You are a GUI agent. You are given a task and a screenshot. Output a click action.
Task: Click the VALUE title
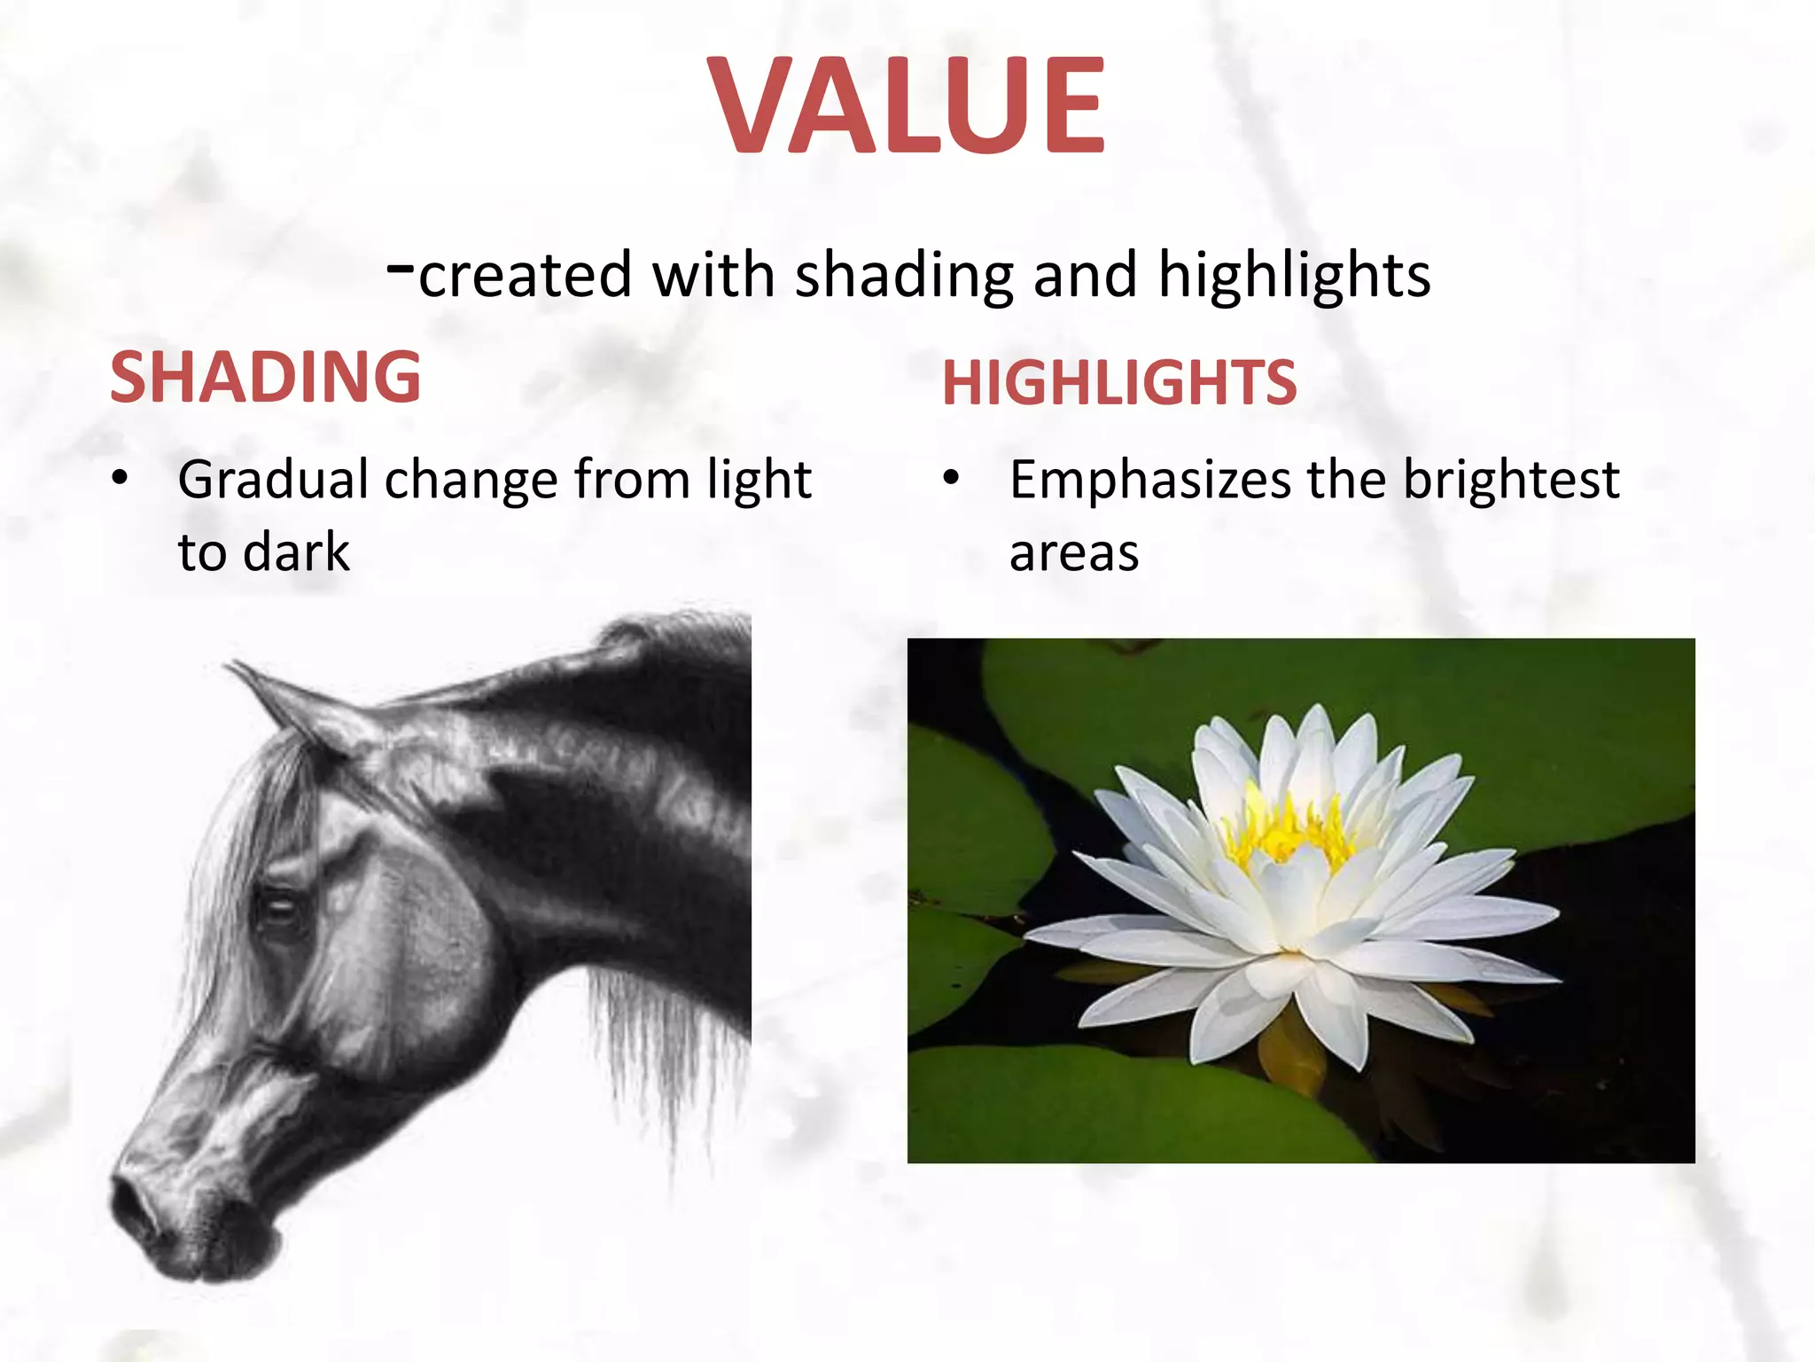pos(907,105)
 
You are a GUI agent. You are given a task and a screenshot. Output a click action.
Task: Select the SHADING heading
pos(265,377)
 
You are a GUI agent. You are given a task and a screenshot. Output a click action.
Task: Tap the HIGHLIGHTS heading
pos(1119,383)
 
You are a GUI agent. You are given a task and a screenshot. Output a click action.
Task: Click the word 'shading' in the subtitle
pos(904,275)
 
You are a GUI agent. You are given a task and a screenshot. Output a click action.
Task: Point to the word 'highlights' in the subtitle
pos(1294,275)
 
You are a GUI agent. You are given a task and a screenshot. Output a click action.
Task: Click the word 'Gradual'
pos(273,480)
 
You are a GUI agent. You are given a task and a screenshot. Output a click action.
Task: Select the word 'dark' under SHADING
pos(296,552)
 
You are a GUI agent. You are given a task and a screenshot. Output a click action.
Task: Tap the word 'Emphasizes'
pos(1149,481)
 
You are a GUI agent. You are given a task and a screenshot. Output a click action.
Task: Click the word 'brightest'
pos(1511,480)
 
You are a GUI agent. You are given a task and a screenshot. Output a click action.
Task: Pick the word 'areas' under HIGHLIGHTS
pos(1073,553)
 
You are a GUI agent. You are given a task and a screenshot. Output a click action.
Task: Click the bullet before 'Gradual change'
pos(121,480)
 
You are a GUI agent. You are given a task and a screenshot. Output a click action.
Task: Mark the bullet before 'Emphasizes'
pos(951,480)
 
